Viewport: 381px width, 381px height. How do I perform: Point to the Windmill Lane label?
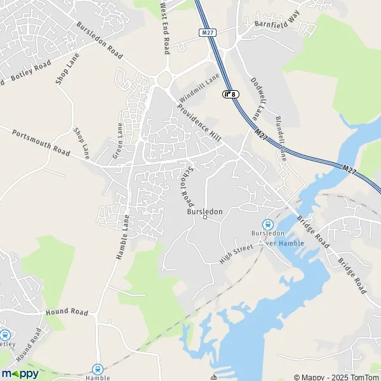[199, 87]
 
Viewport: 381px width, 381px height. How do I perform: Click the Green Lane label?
[117, 140]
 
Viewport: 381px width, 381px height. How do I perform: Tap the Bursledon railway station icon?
[268, 224]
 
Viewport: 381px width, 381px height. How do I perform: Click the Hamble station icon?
[98, 368]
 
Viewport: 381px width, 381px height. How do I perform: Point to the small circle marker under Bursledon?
[205, 217]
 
